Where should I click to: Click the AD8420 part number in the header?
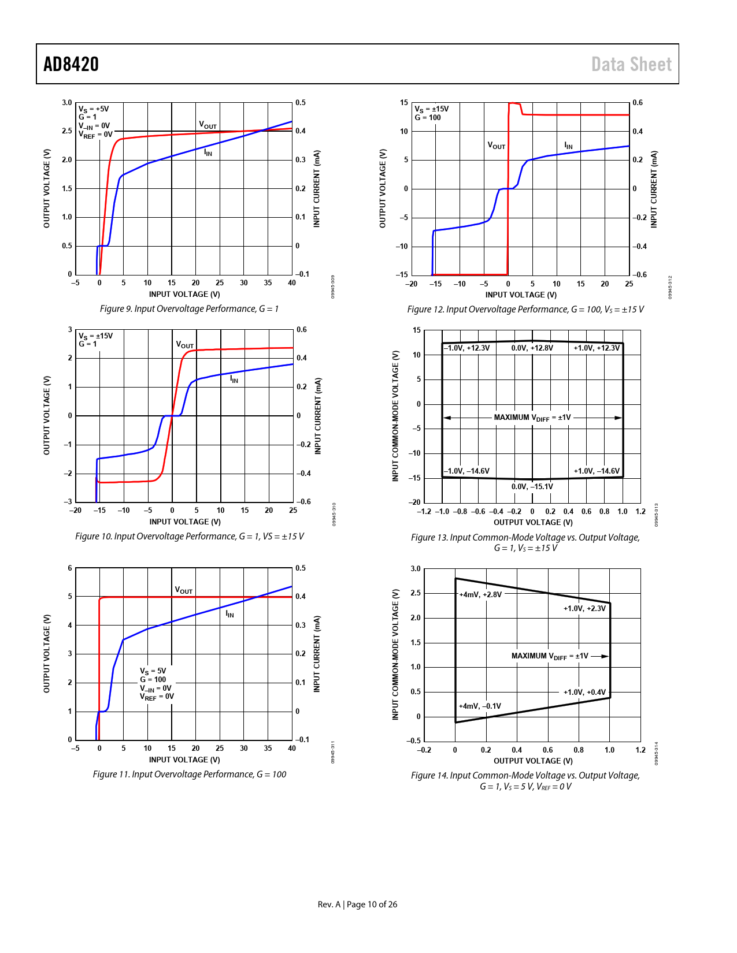(x=71, y=64)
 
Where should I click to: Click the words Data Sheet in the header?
(x=631, y=64)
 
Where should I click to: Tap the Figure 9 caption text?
(x=189, y=309)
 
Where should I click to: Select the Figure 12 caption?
(x=525, y=310)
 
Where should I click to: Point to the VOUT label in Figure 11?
(x=184, y=590)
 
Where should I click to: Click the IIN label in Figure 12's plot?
(x=568, y=146)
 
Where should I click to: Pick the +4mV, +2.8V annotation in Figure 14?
(x=480, y=594)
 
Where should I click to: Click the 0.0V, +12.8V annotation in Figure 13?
(x=532, y=348)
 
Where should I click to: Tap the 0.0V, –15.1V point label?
(x=532, y=486)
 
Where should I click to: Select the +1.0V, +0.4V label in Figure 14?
(x=584, y=692)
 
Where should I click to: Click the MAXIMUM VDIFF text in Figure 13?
(x=532, y=418)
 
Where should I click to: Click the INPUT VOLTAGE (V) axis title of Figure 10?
(x=185, y=522)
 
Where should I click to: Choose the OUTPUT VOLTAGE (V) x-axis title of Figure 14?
(x=532, y=761)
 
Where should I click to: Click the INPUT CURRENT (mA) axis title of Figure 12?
(x=654, y=189)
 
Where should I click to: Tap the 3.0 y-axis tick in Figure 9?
(x=67, y=103)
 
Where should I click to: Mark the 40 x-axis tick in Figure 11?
(x=292, y=749)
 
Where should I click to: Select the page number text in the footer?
(x=357, y=904)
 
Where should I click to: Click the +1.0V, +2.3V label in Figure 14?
(x=584, y=608)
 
